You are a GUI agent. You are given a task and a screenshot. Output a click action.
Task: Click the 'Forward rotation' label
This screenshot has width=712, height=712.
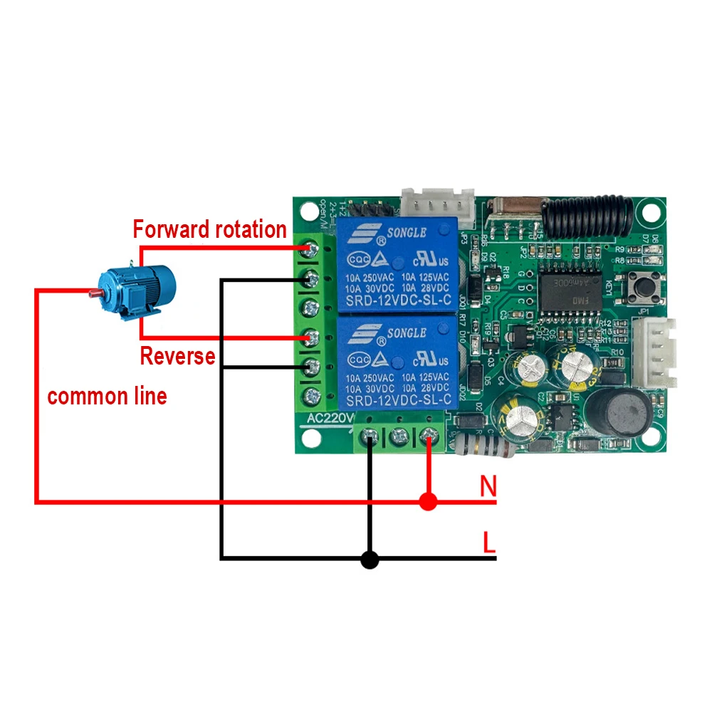coord(209,229)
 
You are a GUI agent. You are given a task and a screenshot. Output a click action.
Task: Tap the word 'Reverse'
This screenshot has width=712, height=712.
coord(177,355)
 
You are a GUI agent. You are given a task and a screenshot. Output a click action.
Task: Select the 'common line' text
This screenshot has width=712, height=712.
coord(107,396)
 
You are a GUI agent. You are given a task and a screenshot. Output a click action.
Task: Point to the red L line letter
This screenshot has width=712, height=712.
coord(488,543)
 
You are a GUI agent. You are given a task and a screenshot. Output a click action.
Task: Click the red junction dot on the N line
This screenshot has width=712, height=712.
coord(427,502)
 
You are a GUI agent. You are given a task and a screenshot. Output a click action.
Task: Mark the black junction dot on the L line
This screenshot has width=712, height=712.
coord(369,560)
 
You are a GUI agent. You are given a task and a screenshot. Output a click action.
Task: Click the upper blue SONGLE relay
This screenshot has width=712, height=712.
coord(396,266)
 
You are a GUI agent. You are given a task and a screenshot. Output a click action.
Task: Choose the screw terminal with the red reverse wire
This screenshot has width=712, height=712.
coord(310,337)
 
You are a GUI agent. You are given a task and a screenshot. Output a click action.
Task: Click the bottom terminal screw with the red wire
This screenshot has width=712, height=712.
coord(427,435)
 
